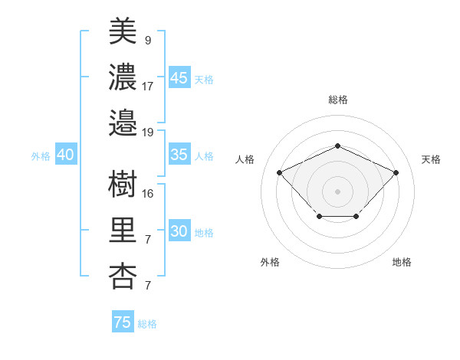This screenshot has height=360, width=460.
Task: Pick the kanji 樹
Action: click(123, 184)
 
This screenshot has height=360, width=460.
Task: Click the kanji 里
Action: click(123, 229)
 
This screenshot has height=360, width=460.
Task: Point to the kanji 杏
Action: click(123, 274)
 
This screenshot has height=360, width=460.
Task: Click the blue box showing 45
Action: click(179, 78)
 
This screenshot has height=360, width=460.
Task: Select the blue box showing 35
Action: click(179, 155)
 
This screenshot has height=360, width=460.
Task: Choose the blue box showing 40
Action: click(65, 155)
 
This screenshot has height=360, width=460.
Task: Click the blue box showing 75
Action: click(122, 322)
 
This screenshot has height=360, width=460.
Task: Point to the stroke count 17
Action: click(148, 86)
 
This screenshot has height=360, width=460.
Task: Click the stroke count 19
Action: click(148, 132)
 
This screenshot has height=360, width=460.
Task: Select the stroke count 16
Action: click(148, 193)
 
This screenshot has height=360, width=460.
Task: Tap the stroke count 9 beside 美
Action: click(147, 40)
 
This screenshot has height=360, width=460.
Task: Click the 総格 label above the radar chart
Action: click(337, 100)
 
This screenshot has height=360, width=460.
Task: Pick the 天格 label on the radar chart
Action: click(431, 159)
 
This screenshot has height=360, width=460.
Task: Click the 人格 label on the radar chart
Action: click(245, 159)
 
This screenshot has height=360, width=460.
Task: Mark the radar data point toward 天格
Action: click(396, 172)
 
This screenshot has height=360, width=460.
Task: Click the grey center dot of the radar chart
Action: click(337, 191)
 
